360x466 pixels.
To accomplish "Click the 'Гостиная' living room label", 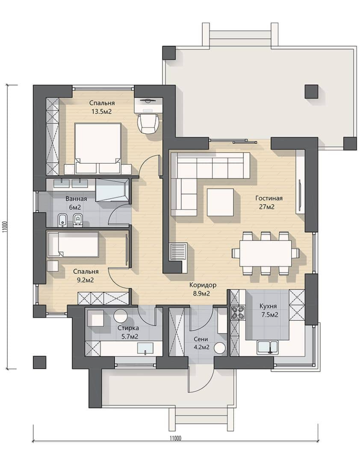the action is (x=269, y=198).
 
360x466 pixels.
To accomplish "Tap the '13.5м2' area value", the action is (x=102, y=112).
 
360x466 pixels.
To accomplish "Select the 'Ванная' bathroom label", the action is (x=76, y=199).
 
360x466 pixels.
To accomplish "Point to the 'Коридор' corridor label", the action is (x=203, y=285).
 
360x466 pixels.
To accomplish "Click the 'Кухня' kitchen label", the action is (x=268, y=306).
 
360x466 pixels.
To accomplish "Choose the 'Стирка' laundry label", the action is (x=128, y=328).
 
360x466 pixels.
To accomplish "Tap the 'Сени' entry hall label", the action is (x=201, y=339).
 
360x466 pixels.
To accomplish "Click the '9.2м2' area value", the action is (x=86, y=280).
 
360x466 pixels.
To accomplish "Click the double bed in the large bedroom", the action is (x=98, y=148).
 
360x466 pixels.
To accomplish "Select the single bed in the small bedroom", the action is (x=73, y=244).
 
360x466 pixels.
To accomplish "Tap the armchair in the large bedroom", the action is (x=148, y=123).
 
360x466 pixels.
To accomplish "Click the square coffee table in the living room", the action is (x=221, y=202).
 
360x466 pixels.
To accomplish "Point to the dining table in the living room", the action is (x=266, y=254).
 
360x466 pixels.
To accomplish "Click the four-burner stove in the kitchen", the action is (x=238, y=313).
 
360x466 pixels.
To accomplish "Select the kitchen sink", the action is (x=268, y=347).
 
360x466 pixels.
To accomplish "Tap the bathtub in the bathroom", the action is (x=112, y=191).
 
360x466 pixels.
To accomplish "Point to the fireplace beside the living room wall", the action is (x=177, y=252).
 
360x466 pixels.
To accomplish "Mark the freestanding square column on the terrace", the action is (x=312, y=91).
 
